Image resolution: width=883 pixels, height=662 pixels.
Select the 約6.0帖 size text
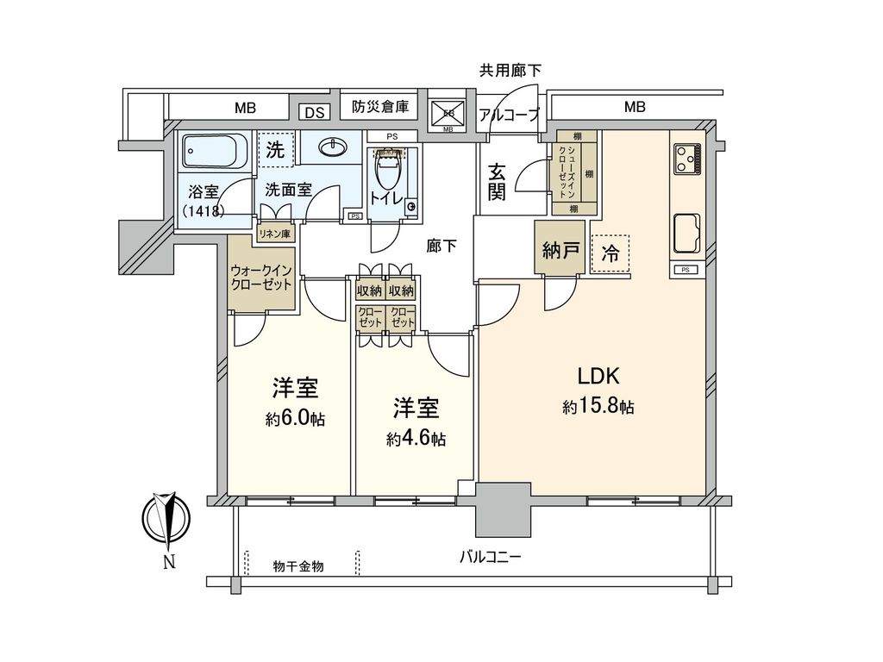[x=296, y=420]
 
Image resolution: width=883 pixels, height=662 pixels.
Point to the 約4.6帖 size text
[x=416, y=439]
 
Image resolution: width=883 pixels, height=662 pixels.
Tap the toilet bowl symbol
[x=389, y=172]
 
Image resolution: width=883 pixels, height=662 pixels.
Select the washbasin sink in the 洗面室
[x=332, y=147]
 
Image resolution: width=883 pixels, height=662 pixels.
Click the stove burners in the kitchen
[x=687, y=157]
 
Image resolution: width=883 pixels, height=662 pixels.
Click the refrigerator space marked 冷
[x=611, y=253]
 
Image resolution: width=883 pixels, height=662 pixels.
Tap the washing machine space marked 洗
[x=275, y=148]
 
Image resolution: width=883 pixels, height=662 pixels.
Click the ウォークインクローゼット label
[x=262, y=278]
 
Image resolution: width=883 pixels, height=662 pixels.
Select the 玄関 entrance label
[x=497, y=182]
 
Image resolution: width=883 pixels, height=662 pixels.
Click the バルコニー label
[x=490, y=557]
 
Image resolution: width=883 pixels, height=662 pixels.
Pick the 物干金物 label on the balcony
[x=298, y=566]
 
